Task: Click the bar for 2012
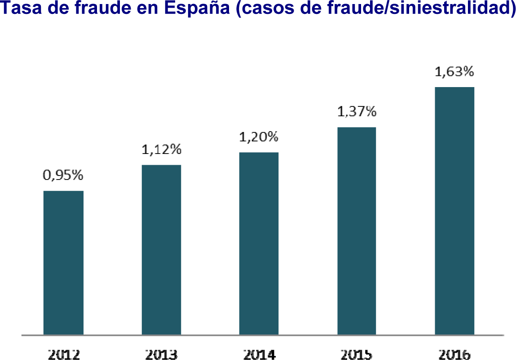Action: [x=63, y=263]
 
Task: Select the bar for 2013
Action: [x=161, y=250]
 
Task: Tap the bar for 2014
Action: [x=259, y=243]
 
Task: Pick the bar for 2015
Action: [x=357, y=231]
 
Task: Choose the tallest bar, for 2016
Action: [x=454, y=211]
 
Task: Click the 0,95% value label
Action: [x=63, y=176]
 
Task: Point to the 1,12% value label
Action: [x=161, y=150]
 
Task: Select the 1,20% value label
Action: [x=259, y=137]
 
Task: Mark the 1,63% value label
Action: [x=454, y=72]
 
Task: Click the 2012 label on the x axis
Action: [x=63, y=354]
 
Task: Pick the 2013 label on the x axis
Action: [x=161, y=354]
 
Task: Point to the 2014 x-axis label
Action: [x=259, y=354]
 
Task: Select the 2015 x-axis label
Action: [x=357, y=354]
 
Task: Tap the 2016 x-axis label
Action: [x=454, y=354]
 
